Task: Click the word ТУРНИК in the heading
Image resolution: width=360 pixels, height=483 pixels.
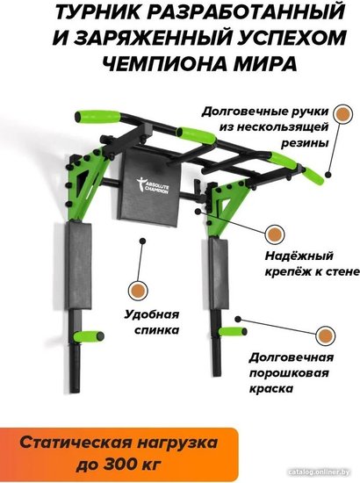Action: (x=93, y=12)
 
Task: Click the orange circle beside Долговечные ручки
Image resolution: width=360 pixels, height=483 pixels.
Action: (x=342, y=113)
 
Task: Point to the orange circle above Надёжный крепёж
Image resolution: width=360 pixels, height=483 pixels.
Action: (x=275, y=234)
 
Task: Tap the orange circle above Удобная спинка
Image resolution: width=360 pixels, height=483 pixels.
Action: (x=138, y=290)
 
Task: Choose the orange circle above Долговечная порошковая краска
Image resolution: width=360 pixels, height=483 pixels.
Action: (x=326, y=335)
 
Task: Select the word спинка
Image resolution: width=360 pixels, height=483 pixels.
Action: (x=156, y=330)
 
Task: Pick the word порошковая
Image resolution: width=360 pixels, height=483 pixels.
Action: (x=289, y=373)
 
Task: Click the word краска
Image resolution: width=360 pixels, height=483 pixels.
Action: (x=270, y=389)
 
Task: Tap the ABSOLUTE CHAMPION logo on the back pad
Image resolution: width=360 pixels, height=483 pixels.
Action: (x=153, y=185)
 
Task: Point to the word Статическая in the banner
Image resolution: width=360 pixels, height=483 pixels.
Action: (x=75, y=443)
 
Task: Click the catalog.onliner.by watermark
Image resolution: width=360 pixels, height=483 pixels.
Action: (x=320, y=472)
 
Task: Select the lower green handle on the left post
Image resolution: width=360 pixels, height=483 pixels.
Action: (x=89, y=335)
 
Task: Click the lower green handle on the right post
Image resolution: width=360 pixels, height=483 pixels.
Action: (x=233, y=331)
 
